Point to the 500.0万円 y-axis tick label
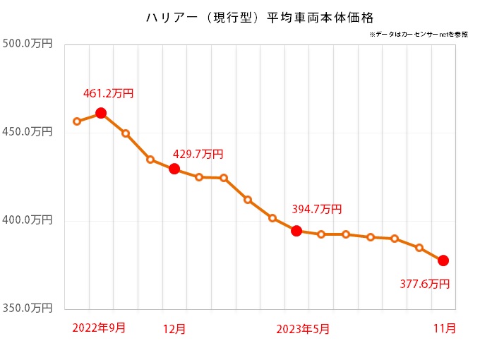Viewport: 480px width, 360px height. pyautogui.click(x=28, y=44)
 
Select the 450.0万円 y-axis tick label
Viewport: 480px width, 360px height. pyautogui.click(x=28, y=132)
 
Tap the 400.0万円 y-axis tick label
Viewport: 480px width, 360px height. pyautogui.click(x=28, y=220)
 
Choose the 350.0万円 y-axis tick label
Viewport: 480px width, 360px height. pyautogui.click(x=28, y=308)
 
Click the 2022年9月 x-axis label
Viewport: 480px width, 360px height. pyautogui.click(x=99, y=328)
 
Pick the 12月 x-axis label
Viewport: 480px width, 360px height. pyautogui.click(x=174, y=328)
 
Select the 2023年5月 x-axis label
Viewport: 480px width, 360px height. pyautogui.click(x=302, y=328)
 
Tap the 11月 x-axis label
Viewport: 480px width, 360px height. pyautogui.click(x=444, y=328)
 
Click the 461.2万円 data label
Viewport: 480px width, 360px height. pyautogui.click(x=108, y=92)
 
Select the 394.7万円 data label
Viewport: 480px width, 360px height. pyautogui.click(x=316, y=209)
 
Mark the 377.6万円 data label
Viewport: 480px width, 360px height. pyautogui.click(x=424, y=284)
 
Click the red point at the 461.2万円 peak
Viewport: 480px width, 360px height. pyautogui.click(x=101, y=113)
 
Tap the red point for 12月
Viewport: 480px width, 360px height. pyautogui.click(x=174, y=169)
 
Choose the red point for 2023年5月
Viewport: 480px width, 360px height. pyautogui.click(x=296, y=231)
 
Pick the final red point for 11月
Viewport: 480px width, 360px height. pyautogui.click(x=443, y=260)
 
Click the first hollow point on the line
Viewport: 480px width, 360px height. pyautogui.click(x=77, y=121)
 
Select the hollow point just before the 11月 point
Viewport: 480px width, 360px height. pyautogui.click(x=419, y=248)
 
